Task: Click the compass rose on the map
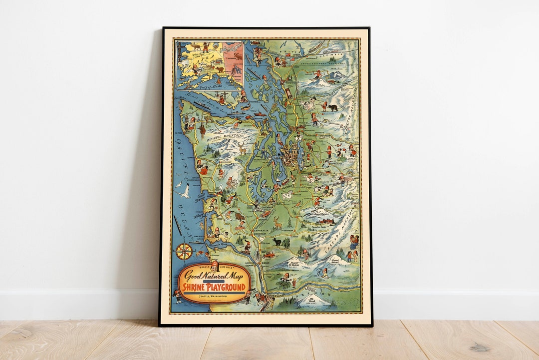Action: pos(184,251)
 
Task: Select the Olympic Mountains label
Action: pos(226,135)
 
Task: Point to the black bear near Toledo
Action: pos(277,242)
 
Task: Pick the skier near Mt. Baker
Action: pos(316,75)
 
